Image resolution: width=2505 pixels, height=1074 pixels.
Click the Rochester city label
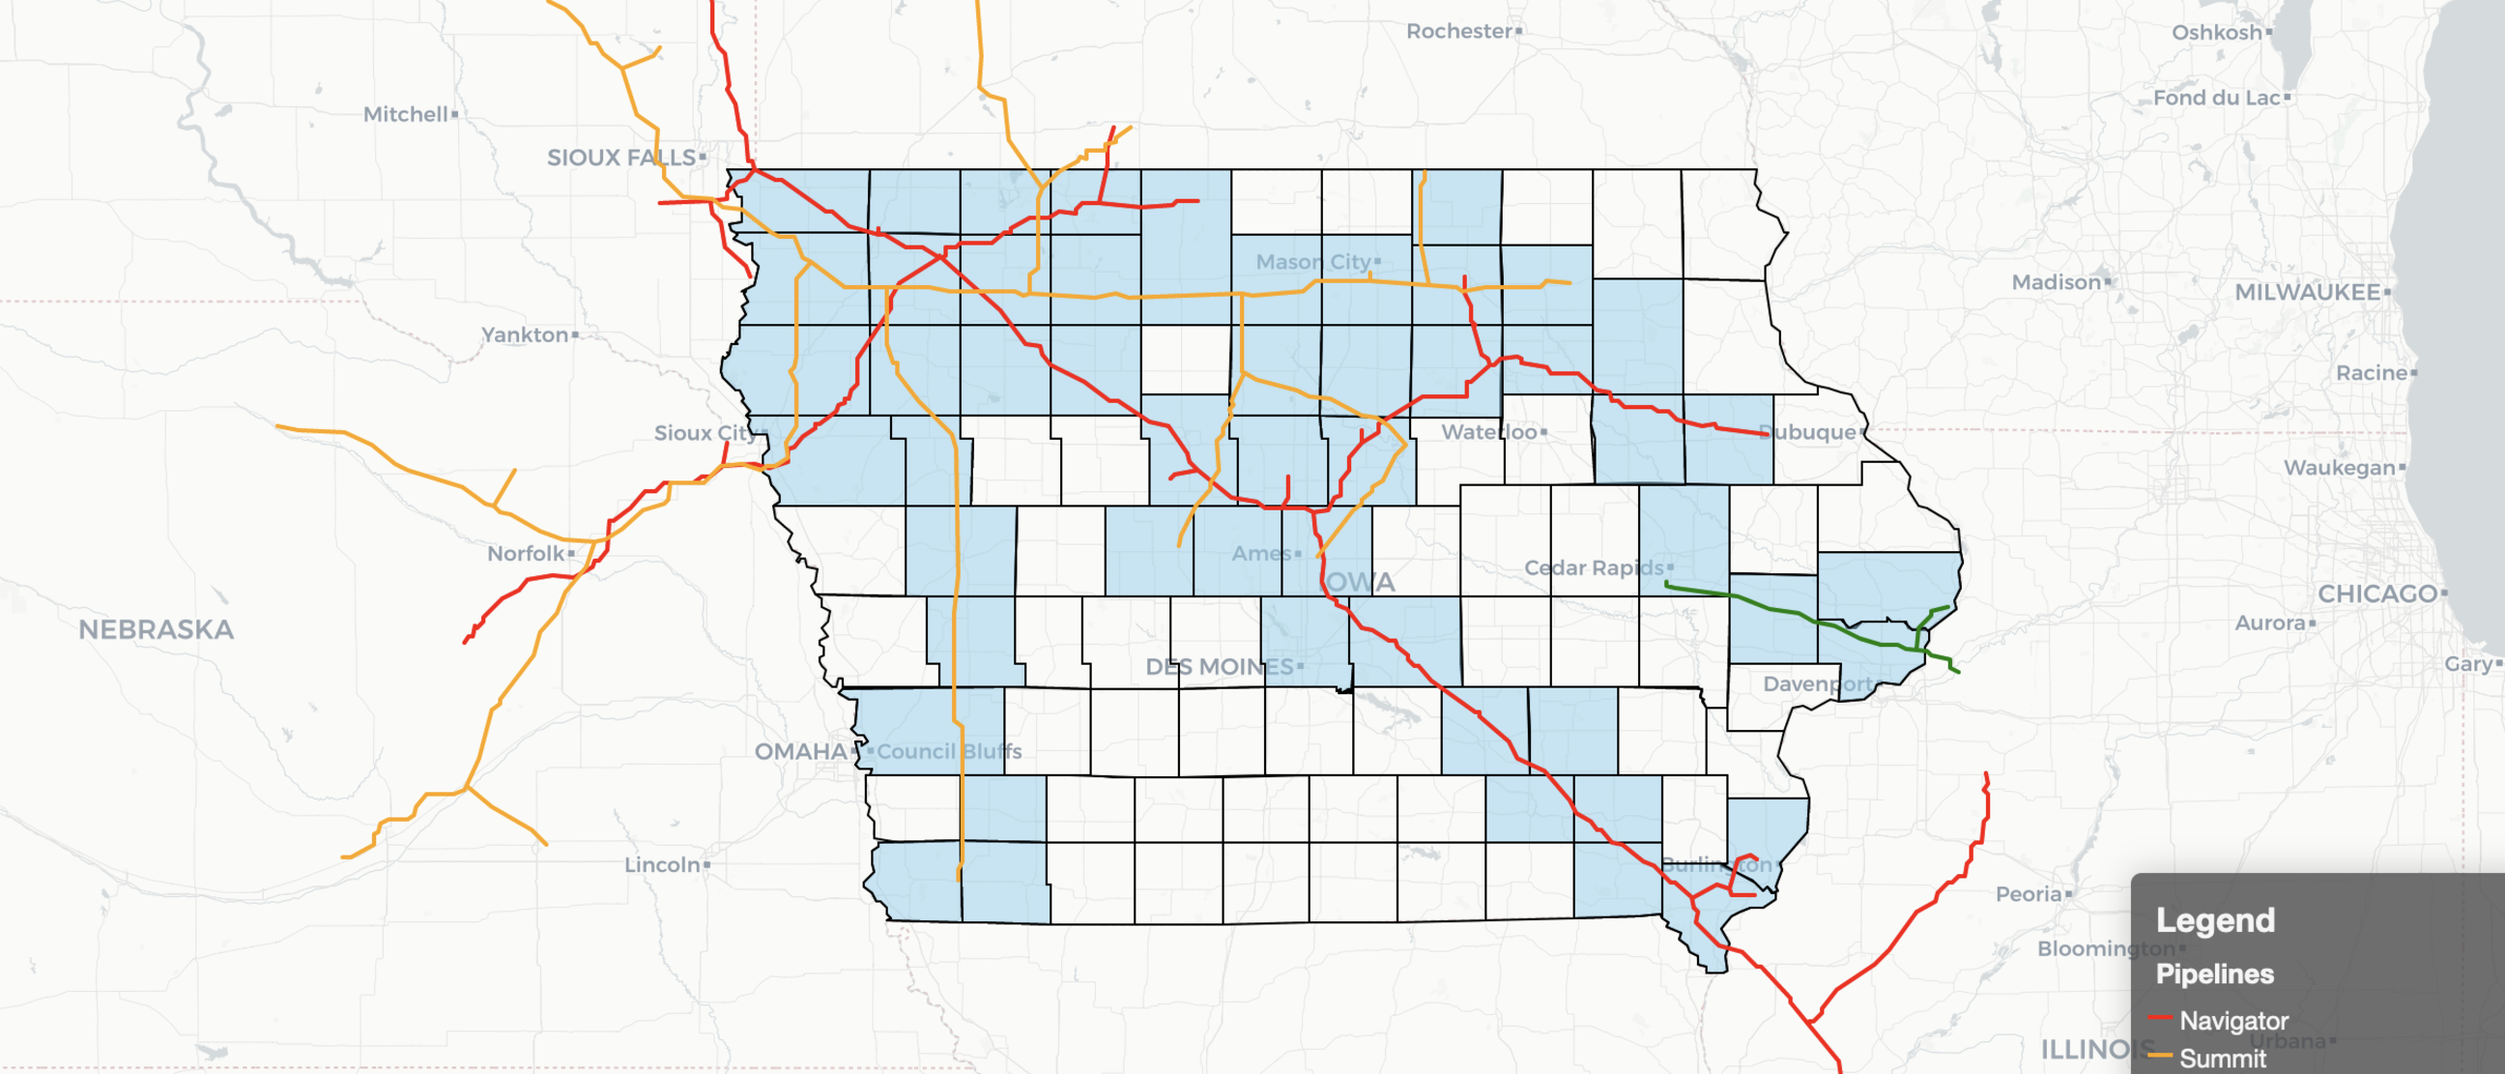[x=1458, y=31]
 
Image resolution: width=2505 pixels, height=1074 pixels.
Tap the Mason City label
[x=1312, y=262]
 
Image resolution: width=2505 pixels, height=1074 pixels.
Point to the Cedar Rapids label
[x=1594, y=567]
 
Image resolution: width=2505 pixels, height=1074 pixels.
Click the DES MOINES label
[x=1220, y=666]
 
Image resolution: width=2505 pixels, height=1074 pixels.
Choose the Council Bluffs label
[x=949, y=751]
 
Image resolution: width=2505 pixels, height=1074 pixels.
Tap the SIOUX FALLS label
[x=621, y=157]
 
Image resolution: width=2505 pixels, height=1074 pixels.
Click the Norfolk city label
[x=526, y=554]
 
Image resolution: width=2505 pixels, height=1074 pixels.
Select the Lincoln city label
[x=662, y=865]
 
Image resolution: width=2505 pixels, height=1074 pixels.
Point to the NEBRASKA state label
[x=156, y=629]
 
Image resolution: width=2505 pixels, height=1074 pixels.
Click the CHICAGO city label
[x=2377, y=594]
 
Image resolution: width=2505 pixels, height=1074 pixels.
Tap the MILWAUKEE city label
[x=2307, y=292]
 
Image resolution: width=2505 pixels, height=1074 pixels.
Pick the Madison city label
[x=2057, y=282]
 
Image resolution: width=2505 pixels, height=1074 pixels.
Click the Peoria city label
[x=2029, y=894]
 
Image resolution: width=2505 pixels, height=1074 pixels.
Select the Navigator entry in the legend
[x=2232, y=1021]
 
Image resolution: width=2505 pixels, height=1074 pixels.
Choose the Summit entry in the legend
[x=2222, y=1058]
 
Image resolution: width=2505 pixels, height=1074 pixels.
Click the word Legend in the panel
[x=2215, y=920]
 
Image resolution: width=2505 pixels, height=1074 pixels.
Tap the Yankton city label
[x=525, y=334]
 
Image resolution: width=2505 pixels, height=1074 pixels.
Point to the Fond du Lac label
[x=2216, y=98]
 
